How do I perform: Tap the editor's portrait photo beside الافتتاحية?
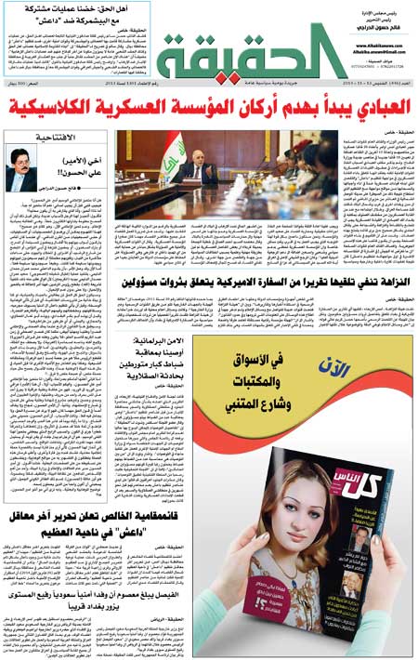[x=23, y=171]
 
